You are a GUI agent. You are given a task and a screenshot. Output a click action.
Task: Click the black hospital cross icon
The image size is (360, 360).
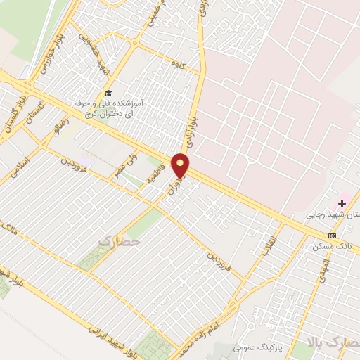click(342, 203)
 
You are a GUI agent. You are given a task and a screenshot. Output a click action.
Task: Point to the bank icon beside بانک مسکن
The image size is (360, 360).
click(332, 236)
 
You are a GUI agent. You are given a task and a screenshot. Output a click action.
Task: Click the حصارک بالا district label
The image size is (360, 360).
click(334, 342)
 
